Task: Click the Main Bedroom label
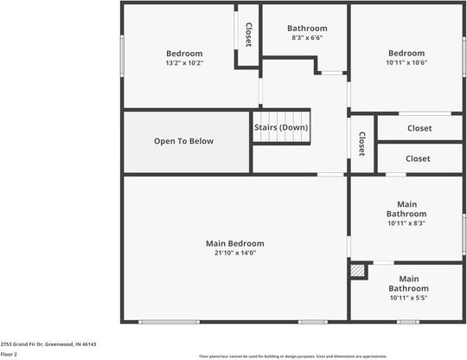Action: pos(234,243)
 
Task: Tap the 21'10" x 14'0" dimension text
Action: pos(234,253)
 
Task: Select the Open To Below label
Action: pos(183,141)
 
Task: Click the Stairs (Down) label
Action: pos(281,127)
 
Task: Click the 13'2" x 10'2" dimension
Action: pos(184,62)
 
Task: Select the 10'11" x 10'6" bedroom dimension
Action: pos(406,62)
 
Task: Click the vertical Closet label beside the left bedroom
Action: pos(248,35)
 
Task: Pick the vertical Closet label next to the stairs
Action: pos(361,144)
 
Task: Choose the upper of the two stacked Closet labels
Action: pos(419,128)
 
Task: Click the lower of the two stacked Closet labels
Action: pos(418,158)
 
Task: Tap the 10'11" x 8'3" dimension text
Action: pos(406,223)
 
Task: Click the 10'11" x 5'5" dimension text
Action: pos(408,298)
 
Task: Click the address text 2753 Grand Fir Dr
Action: pos(48,344)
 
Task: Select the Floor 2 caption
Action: pos(10,354)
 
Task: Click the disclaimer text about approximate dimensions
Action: pos(293,356)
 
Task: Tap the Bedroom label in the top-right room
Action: pos(406,53)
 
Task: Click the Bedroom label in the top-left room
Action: pos(184,53)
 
